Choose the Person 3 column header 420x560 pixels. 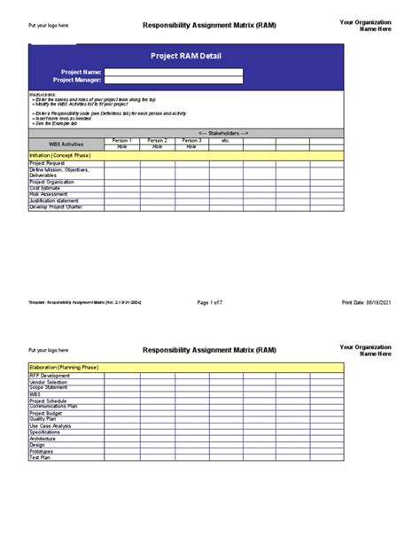point(191,140)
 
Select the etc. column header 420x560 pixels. point(225,140)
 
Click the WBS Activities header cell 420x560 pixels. point(66,143)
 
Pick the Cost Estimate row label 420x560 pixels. point(48,188)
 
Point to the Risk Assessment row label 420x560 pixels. point(50,194)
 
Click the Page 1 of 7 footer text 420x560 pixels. point(209,302)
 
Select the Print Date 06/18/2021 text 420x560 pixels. point(366,302)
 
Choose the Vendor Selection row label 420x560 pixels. point(48,382)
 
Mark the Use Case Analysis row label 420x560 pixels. point(51,425)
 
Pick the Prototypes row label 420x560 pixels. point(42,451)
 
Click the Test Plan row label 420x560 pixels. point(41,457)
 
